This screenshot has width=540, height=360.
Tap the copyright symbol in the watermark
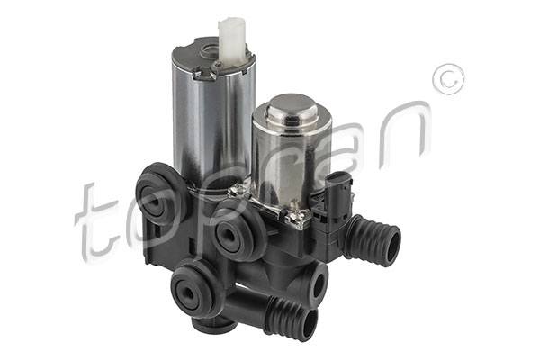449,79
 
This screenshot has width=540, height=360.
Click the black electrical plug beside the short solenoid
340,196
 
